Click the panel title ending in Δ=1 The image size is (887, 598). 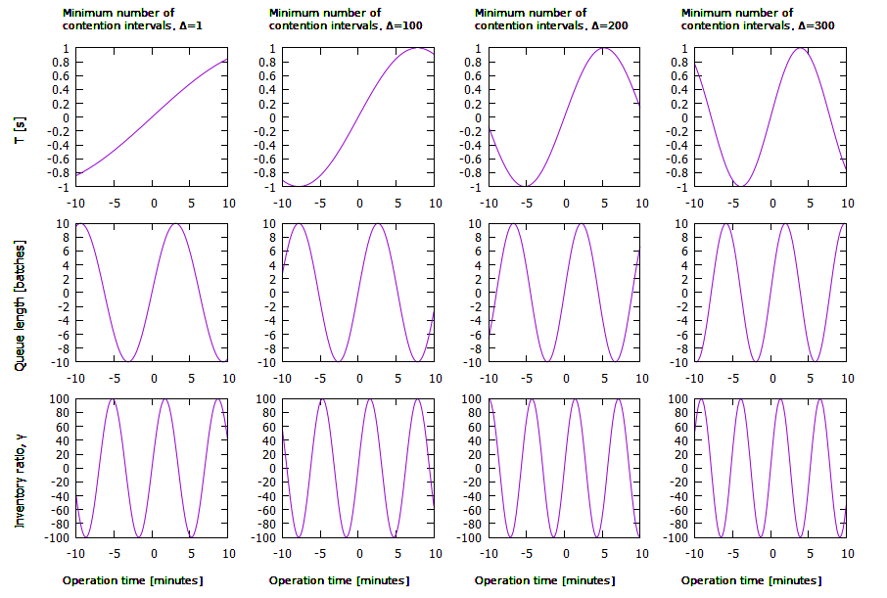pyautogui.click(x=133, y=20)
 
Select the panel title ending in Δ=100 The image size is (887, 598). pyautogui.click(x=339, y=20)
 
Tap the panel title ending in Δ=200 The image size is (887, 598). pyautogui.click(x=545, y=20)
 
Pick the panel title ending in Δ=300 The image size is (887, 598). pyautogui.click(x=751, y=20)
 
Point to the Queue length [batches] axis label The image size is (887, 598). pyautogui.click(x=20, y=293)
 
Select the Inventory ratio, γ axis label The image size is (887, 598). pyautogui.click(x=20, y=468)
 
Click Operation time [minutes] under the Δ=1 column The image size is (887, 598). pyautogui.click(x=133, y=580)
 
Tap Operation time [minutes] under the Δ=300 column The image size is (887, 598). pyautogui.click(x=751, y=580)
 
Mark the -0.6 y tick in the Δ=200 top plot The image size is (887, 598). pyautogui.click(x=470, y=159)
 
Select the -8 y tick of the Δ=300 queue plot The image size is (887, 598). pyautogui.click(x=679, y=348)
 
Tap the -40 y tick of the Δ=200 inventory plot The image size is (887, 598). pyautogui.click(x=468, y=496)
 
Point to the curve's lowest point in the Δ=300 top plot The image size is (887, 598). pyautogui.click(x=744, y=186)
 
